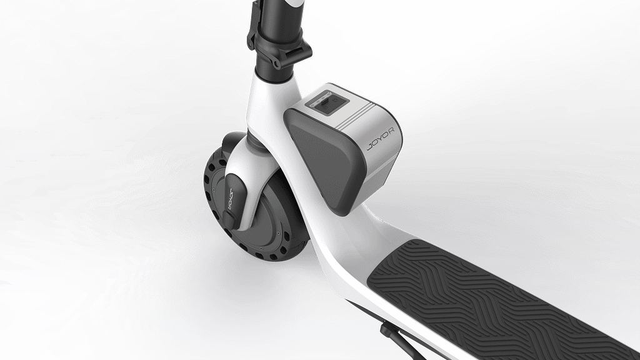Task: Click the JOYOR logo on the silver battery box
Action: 381,139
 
